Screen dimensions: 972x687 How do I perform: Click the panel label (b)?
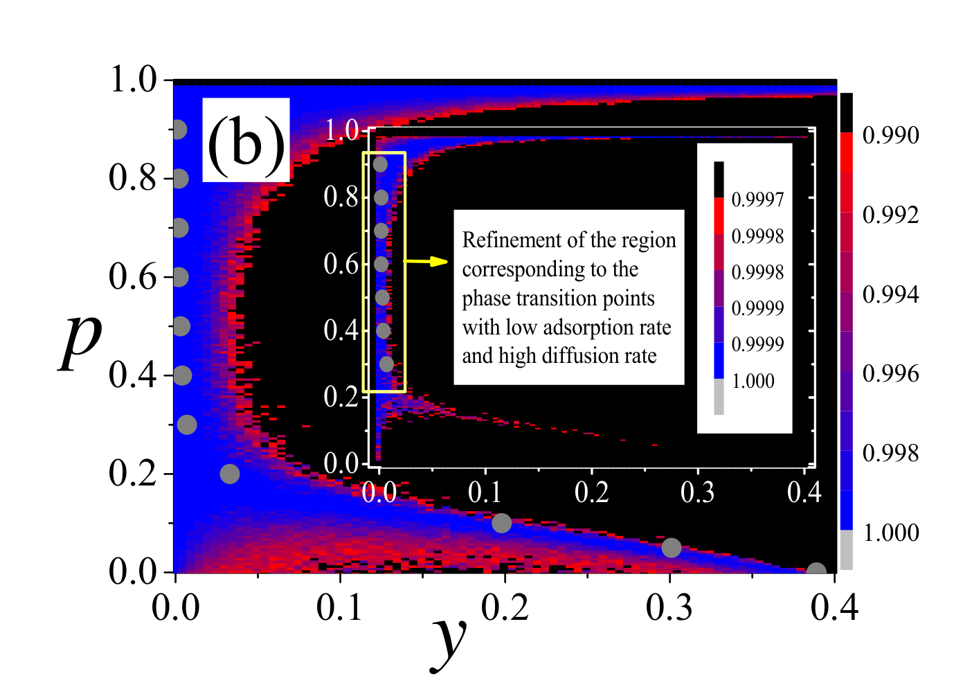point(246,146)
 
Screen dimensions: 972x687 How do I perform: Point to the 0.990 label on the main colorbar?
point(890,135)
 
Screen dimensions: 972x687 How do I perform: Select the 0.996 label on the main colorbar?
point(890,374)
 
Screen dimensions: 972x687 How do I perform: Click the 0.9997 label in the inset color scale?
point(757,199)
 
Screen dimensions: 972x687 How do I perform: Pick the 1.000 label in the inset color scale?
point(753,381)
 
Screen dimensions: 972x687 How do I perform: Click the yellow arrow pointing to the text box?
point(425,261)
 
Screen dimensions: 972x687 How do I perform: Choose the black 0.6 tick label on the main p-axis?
point(132,277)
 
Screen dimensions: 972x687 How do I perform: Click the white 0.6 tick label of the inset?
point(341,263)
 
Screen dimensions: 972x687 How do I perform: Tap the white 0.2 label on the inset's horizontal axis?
point(591,492)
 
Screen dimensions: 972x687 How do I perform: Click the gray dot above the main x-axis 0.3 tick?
point(672,548)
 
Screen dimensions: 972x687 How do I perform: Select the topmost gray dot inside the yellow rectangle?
point(380,165)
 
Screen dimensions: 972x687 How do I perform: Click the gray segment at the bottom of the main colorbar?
point(847,549)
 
